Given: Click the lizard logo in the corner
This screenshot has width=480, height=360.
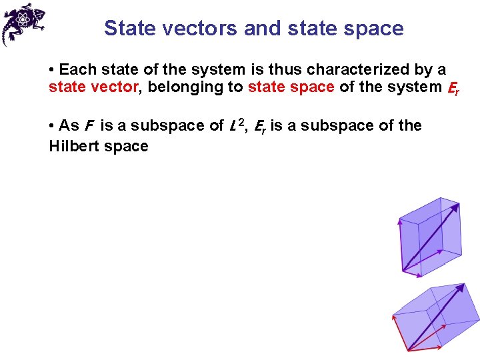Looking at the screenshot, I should tap(23, 24).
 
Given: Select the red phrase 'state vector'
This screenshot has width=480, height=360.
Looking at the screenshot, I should tap(92, 87).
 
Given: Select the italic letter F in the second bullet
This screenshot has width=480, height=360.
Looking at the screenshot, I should tap(88, 126).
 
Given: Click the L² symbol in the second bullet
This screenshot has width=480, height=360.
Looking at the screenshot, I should tap(235, 125).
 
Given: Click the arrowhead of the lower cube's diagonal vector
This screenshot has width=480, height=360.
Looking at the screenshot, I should tap(461, 287).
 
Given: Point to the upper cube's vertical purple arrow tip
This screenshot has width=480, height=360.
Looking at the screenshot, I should tap(399, 220).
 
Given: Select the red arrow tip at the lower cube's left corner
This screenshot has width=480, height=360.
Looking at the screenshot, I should tap(393, 316).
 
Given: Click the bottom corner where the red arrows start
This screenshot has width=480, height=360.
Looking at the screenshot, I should tap(407, 349).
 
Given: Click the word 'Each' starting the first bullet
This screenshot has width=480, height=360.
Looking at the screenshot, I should tap(75, 69).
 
